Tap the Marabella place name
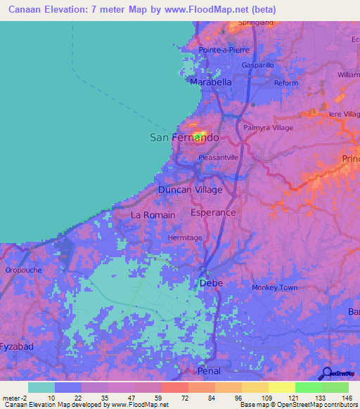(x=211, y=82)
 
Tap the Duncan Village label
(x=190, y=190)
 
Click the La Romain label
(x=153, y=215)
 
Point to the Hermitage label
(x=185, y=238)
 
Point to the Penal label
(x=209, y=371)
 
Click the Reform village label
(x=286, y=83)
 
